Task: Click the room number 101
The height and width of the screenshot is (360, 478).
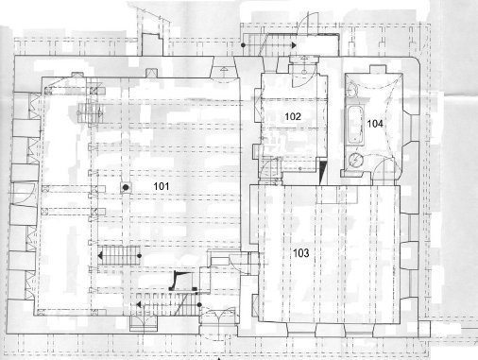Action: pos(162,186)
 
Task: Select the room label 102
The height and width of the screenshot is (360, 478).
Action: pos(293,116)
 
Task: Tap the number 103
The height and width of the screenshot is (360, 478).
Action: pos(301,253)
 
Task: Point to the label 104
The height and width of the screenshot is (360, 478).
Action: pos(375,124)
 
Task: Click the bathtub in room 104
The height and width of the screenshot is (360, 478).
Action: pos(355,126)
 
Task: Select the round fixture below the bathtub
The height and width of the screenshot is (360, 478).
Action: pos(356,160)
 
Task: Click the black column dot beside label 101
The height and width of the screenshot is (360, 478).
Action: pos(126,188)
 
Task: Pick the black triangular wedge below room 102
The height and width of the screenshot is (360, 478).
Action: pos(323,173)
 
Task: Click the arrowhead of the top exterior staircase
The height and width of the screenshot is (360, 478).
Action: pos(294,45)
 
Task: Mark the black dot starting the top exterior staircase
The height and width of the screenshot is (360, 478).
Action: pos(243,45)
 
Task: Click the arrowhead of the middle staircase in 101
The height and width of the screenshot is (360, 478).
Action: pos(100,256)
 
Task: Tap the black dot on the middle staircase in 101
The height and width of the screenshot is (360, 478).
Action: pos(139,256)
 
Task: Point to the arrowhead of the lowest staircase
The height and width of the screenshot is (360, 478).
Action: pos(138,304)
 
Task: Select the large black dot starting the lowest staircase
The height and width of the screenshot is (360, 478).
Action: pos(199,304)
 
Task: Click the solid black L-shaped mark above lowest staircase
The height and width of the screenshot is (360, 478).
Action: pos(177,282)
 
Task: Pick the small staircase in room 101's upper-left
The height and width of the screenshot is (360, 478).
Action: pos(91,112)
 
